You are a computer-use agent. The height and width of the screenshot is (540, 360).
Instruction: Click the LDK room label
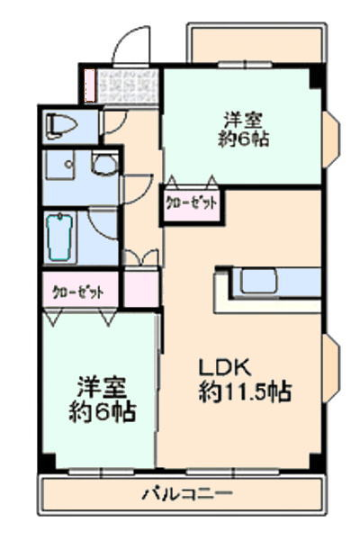click(x=224, y=368)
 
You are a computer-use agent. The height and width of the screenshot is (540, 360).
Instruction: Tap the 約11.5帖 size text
click(x=245, y=391)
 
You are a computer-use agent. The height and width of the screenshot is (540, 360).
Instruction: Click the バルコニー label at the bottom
click(x=188, y=494)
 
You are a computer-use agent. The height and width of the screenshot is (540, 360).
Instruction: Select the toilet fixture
click(x=60, y=126)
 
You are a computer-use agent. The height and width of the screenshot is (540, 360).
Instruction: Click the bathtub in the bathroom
click(x=60, y=236)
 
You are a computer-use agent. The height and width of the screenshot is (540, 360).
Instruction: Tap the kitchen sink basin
click(x=258, y=281)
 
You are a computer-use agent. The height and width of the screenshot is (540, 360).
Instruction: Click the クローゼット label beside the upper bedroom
click(x=192, y=203)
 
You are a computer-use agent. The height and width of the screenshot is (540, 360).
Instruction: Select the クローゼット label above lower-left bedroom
click(x=78, y=292)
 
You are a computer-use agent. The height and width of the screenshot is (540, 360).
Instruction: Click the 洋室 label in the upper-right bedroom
click(x=243, y=120)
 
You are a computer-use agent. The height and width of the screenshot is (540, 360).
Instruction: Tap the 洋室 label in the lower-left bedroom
click(x=102, y=388)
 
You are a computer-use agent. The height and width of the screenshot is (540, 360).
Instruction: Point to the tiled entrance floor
click(x=126, y=85)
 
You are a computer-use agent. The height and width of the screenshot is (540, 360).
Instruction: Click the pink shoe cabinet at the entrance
click(x=90, y=85)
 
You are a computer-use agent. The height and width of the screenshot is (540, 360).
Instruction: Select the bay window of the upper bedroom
click(x=331, y=139)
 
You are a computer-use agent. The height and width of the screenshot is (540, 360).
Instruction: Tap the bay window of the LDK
click(x=331, y=367)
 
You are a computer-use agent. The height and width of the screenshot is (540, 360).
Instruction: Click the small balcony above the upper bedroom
click(x=256, y=43)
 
